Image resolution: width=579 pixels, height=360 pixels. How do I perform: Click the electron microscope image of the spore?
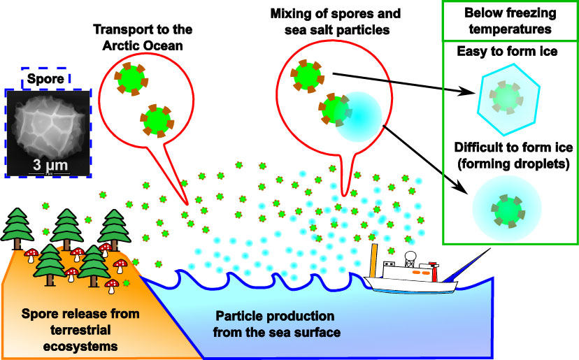click(48, 133)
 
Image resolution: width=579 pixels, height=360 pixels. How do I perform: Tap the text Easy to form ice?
click(501, 52)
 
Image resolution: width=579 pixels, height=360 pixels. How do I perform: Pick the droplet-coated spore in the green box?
click(507, 208)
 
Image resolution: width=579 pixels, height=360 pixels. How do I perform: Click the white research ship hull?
click(413, 285)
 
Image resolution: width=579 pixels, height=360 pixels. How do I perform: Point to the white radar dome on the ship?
click(412, 257)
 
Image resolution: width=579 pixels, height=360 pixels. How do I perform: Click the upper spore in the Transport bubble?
click(130, 78)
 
